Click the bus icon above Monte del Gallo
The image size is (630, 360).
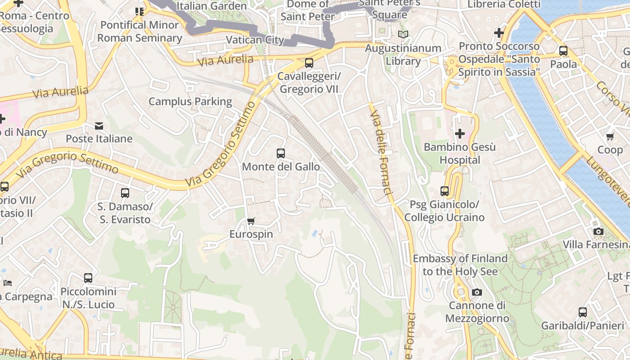pos(281,153)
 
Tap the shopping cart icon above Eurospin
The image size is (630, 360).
pos(251,221)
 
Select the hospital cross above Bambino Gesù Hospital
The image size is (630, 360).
pos(459,134)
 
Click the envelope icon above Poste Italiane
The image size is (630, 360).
pos(99,126)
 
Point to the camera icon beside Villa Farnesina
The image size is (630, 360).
pos(598,231)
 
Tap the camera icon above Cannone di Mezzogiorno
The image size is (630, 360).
pos(477,292)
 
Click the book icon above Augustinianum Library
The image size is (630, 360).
pos(403,34)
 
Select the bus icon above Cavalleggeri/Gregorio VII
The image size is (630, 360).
pos(309,63)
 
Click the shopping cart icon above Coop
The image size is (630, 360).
pos(610,136)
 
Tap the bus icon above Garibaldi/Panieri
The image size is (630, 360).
pos(583,312)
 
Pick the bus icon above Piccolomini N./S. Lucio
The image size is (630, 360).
pos(88,278)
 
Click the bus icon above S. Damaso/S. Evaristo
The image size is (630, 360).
pos(125,193)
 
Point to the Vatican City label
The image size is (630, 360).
pos(255,40)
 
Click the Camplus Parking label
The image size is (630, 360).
pos(190,101)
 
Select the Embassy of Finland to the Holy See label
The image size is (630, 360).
pos(460,265)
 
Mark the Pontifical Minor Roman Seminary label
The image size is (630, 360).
pos(139,31)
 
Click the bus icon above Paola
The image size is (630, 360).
pos(563,51)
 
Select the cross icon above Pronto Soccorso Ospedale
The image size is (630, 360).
pos(499,33)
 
